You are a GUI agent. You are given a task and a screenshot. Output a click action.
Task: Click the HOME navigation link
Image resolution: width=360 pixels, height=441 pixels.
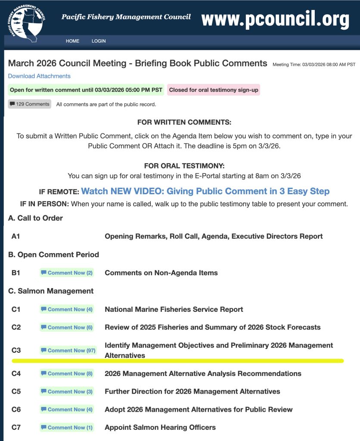pos(72,41)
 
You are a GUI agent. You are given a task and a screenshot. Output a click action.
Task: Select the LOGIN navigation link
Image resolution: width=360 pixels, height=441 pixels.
pos(99,41)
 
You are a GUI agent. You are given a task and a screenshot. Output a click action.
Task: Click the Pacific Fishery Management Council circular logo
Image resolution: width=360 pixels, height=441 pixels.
pos(25,22)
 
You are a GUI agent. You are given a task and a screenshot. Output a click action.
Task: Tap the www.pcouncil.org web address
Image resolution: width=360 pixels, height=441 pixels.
pos(275,19)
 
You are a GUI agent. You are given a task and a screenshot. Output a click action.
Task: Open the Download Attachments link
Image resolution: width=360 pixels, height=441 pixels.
pos(39,76)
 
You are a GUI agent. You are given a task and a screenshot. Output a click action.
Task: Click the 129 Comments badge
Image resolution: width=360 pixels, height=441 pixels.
pos(30,104)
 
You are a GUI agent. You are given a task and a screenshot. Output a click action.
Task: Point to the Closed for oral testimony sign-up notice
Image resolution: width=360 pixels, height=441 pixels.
pos(214,90)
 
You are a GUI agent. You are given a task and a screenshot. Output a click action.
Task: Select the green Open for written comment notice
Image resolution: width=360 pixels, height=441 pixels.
pos(86,90)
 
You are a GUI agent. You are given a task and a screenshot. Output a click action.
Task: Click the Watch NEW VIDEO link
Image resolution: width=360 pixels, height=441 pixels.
pos(205,191)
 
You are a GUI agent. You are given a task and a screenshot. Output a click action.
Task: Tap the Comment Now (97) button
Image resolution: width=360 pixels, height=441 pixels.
pos(68,351)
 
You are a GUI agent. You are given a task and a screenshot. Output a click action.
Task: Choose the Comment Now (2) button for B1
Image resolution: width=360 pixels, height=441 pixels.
pos(67,273)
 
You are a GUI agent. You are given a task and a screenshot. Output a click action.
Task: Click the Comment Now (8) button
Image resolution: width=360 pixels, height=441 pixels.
pos(67,373)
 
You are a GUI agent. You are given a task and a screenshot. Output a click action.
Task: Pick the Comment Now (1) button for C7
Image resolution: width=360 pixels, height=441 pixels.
pos(67,428)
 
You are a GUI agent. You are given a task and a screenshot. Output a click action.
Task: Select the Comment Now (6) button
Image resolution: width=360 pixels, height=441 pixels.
pos(67,327)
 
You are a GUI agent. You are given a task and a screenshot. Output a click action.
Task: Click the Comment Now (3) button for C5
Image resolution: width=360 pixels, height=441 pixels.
pos(67,391)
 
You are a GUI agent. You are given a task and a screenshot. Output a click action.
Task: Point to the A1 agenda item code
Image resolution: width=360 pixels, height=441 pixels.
pos(16,236)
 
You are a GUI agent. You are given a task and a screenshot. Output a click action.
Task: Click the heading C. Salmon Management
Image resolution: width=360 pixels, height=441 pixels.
pos(51,291)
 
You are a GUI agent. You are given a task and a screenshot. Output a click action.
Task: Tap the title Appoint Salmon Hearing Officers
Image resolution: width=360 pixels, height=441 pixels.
pos(160,428)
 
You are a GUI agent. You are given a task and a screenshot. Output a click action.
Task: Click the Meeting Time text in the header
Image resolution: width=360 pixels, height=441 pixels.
pos(314,65)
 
